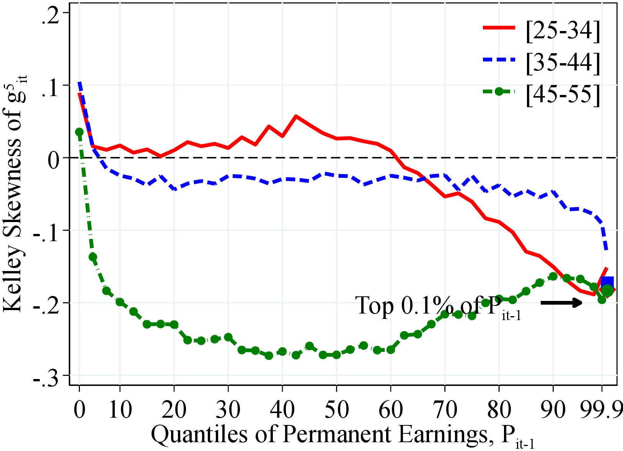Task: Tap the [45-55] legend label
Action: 563,94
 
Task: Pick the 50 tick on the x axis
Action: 336,410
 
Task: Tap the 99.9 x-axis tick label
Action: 601,410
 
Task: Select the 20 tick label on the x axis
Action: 174,410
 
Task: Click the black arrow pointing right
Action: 561,303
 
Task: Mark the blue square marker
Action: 607,283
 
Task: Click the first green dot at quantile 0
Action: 79,132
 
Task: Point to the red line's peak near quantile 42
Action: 296,116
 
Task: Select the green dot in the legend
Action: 498,92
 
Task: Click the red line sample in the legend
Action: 499,28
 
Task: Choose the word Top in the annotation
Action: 375,306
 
